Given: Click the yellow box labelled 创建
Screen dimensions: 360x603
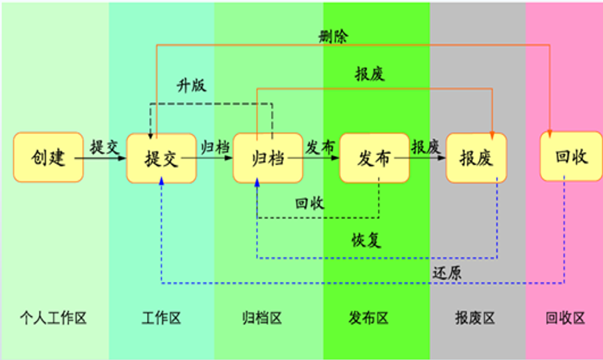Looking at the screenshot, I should (x=48, y=157).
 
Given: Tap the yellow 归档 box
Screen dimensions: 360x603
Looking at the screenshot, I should (x=267, y=158).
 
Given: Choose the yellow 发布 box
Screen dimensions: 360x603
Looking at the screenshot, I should (x=374, y=158).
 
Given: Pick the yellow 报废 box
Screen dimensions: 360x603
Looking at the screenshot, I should (x=476, y=158).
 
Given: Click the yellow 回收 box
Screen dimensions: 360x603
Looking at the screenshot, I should (x=571, y=157).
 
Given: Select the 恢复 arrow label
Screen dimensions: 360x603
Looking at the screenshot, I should (x=367, y=240).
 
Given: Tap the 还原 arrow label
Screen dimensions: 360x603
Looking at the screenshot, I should (x=447, y=271).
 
